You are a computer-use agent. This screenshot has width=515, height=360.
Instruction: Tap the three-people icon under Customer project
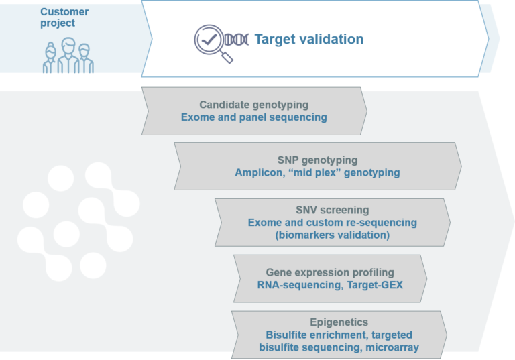(x=68, y=56)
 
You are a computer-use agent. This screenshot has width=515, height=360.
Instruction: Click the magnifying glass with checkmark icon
(x=211, y=42)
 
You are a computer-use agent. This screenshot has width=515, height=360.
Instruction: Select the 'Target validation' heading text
(x=308, y=39)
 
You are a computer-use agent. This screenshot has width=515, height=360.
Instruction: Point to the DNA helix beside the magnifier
(x=236, y=39)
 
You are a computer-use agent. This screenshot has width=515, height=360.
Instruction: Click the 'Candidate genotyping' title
(x=253, y=105)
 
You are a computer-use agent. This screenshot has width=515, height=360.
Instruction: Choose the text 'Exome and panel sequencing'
(x=253, y=117)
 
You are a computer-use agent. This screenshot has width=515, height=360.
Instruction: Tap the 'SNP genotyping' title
(x=317, y=160)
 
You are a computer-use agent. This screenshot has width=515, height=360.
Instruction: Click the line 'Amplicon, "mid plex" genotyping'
(x=317, y=173)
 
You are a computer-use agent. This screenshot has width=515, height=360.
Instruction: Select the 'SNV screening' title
(x=332, y=210)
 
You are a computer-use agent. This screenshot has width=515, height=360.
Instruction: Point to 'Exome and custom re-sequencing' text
(x=332, y=223)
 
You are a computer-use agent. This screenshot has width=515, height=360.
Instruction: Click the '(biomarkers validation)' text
(x=332, y=235)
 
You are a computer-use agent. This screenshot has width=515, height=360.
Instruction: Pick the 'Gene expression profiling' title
(x=330, y=273)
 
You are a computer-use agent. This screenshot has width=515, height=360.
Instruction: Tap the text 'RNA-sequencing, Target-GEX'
(x=330, y=285)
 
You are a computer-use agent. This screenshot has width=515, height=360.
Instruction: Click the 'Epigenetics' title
(x=339, y=322)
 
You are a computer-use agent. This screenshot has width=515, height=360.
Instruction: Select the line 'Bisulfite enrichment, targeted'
(x=339, y=335)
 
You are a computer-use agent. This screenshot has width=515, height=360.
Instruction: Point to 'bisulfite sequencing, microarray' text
(x=339, y=347)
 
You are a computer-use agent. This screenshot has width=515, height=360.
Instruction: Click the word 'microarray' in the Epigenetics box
(x=392, y=347)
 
